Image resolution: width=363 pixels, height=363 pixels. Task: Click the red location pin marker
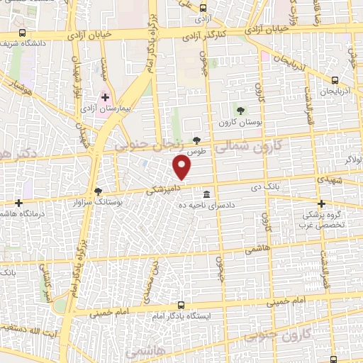pos(183,167)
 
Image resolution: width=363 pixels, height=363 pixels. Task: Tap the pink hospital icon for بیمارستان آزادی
pos(106,97)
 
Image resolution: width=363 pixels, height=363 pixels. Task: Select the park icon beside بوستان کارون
pos(241,110)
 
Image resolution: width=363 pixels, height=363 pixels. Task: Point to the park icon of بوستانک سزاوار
pos(98,191)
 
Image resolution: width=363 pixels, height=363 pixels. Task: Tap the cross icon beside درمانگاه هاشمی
pos(18,203)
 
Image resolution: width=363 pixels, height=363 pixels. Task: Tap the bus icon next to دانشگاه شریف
pos(22,33)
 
